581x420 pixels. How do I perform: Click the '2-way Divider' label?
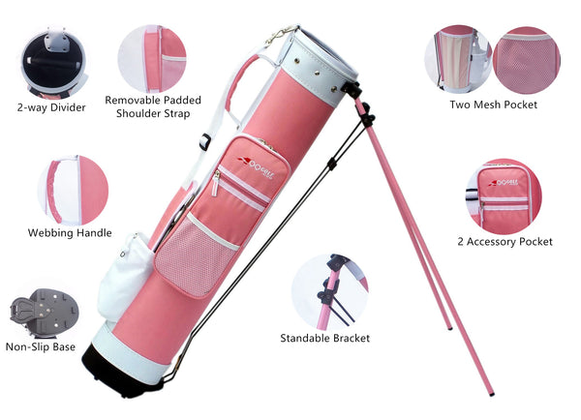click(51, 107)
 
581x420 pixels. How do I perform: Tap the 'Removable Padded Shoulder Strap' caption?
click(153, 106)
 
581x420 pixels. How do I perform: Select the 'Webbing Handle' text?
click(70, 233)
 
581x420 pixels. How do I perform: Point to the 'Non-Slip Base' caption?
click(41, 347)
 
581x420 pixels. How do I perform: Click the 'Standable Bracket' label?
click(325, 338)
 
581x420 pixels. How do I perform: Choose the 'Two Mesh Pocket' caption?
click(493, 105)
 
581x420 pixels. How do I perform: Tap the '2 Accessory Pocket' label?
click(505, 242)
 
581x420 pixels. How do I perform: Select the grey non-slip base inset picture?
click(45, 313)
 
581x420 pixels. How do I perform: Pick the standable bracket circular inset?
click(330, 291)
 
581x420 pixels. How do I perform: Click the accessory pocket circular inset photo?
click(504, 197)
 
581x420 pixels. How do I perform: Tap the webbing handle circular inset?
click(73, 191)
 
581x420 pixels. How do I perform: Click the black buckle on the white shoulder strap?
click(205, 141)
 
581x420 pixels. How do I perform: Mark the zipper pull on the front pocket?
click(215, 184)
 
